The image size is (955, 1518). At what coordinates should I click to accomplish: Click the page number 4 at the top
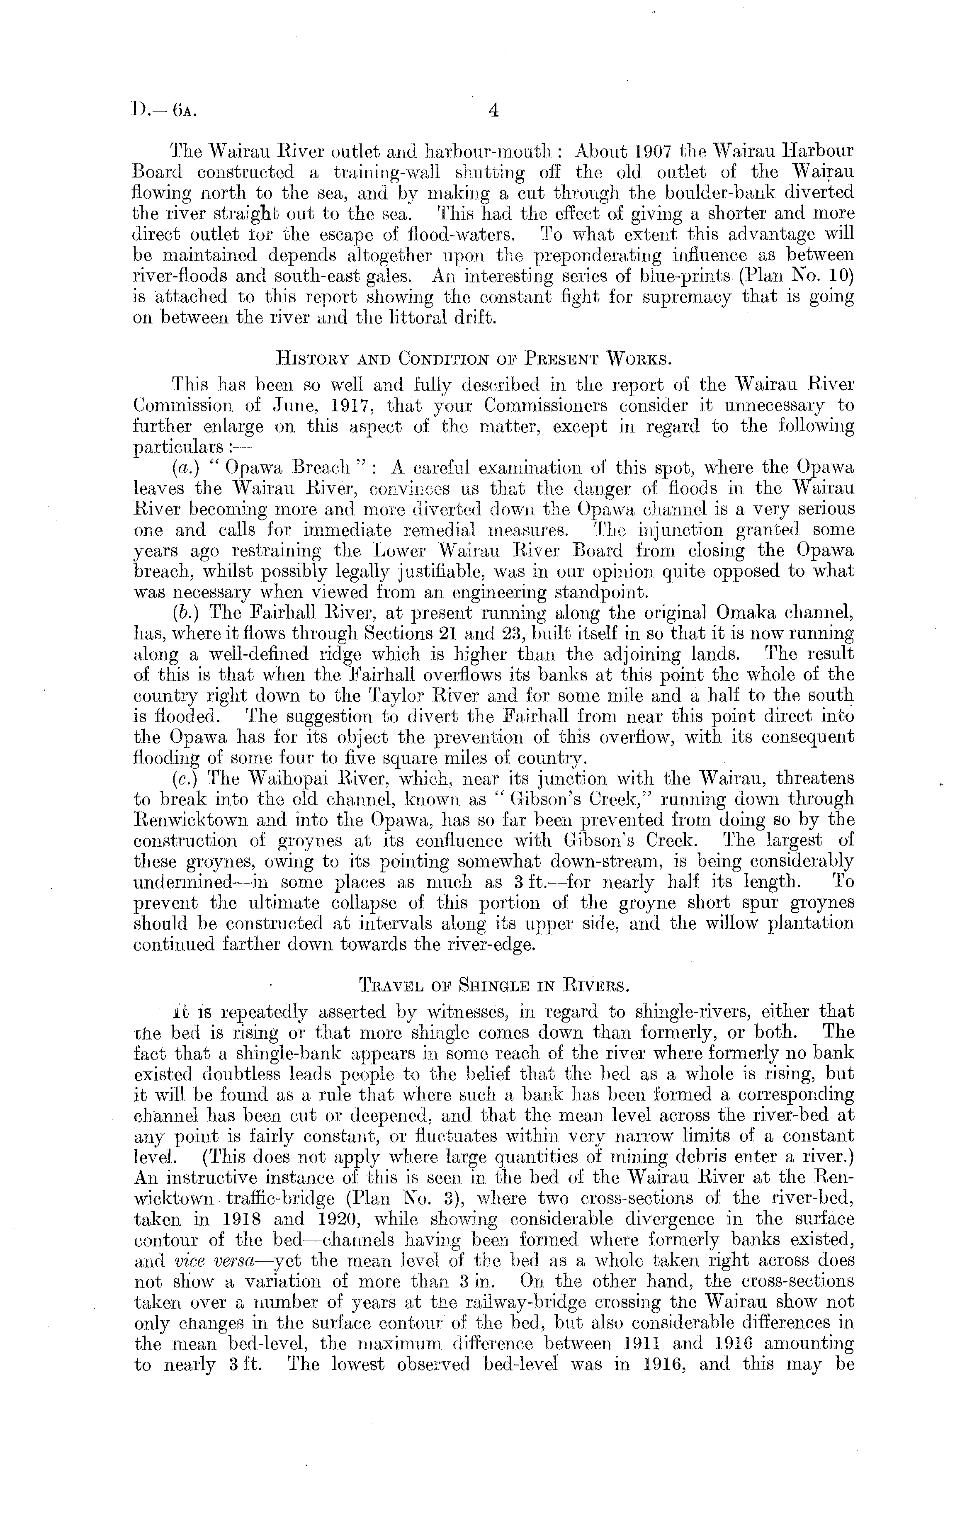tap(493, 112)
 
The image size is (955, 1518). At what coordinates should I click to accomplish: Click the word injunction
tap(660, 529)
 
